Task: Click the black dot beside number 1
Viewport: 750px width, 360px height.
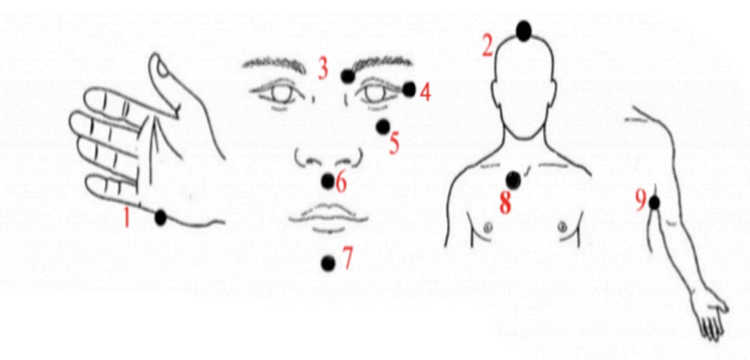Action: click(x=161, y=218)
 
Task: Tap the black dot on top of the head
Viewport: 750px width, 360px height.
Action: click(x=524, y=31)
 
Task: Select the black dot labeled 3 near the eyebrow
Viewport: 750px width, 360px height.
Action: click(x=348, y=76)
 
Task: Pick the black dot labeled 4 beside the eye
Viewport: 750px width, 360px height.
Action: click(x=409, y=90)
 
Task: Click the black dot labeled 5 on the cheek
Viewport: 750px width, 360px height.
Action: click(x=383, y=127)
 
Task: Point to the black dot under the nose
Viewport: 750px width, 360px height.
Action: click(x=328, y=181)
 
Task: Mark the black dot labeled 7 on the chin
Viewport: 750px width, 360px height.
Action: click(x=328, y=263)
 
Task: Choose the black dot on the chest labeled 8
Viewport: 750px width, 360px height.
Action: click(x=513, y=181)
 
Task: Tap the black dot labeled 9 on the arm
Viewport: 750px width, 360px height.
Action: click(x=654, y=203)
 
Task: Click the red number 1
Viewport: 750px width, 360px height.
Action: click(x=127, y=217)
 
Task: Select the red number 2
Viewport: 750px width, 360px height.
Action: click(x=487, y=46)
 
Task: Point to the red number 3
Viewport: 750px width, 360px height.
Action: click(x=323, y=68)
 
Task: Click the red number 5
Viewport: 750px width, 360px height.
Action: click(x=394, y=143)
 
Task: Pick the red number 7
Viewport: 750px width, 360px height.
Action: click(x=347, y=257)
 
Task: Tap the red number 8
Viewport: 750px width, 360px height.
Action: click(x=505, y=203)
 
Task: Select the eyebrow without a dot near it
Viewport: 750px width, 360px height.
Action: click(x=274, y=64)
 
